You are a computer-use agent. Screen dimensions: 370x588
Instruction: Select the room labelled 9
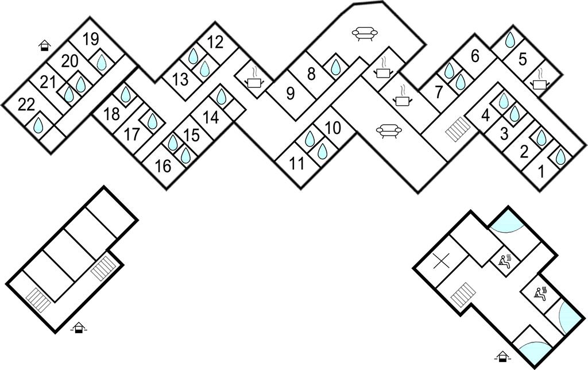(290, 92)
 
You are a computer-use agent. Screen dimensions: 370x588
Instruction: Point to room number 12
(215, 42)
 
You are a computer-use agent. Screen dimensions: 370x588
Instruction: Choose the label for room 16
(163, 167)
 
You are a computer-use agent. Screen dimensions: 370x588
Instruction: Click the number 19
(90, 39)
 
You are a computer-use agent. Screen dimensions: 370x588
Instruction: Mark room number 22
(26, 105)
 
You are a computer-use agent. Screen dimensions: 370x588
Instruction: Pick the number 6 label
(474, 56)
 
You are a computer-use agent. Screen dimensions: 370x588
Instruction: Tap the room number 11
(296, 164)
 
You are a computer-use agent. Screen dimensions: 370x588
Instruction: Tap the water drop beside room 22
(40, 125)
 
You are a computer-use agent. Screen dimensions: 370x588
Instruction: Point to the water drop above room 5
(509, 40)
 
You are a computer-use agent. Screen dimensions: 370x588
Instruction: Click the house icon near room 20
(44, 45)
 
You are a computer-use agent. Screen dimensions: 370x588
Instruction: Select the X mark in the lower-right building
(441, 262)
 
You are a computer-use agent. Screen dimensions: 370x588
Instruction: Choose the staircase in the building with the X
(462, 296)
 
